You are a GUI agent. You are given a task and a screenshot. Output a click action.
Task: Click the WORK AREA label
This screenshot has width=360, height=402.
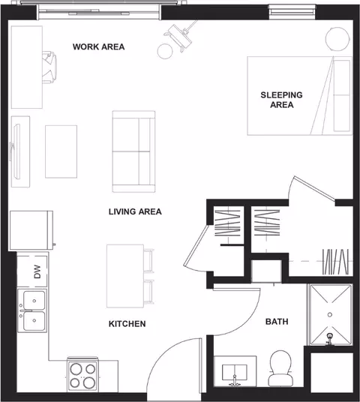(x=98, y=47)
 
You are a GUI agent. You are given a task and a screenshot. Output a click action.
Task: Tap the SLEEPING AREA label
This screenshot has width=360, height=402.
(x=281, y=100)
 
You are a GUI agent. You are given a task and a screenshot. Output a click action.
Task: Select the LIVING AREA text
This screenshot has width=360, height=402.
(x=135, y=211)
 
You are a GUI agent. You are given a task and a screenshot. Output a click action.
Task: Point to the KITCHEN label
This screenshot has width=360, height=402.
(x=127, y=324)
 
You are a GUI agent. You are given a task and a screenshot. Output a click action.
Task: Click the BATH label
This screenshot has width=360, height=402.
(x=277, y=322)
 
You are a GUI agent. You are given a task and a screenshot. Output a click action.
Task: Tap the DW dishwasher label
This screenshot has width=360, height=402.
(x=37, y=271)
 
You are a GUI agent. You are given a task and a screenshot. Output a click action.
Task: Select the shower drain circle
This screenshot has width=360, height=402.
(x=330, y=314)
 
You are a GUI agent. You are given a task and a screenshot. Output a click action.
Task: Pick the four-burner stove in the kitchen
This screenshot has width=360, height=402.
(x=82, y=374)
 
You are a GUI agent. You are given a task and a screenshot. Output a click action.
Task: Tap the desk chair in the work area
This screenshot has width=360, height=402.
(x=49, y=67)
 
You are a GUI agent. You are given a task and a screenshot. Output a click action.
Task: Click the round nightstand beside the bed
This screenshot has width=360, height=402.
(x=337, y=39)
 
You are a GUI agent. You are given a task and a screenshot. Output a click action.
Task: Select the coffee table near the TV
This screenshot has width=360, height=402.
(x=61, y=151)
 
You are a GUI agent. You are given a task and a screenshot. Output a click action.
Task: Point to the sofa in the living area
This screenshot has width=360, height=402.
(x=133, y=151)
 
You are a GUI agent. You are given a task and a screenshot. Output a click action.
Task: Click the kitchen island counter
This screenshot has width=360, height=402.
(x=125, y=276)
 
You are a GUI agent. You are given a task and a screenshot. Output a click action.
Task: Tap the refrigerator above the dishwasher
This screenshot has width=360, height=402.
(x=31, y=230)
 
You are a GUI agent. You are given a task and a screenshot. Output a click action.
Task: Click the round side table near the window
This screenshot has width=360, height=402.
(x=165, y=51)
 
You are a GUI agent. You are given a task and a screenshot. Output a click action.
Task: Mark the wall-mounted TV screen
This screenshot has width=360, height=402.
(x=16, y=151)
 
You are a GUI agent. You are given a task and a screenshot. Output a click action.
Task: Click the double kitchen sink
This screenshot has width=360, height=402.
(x=32, y=310)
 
